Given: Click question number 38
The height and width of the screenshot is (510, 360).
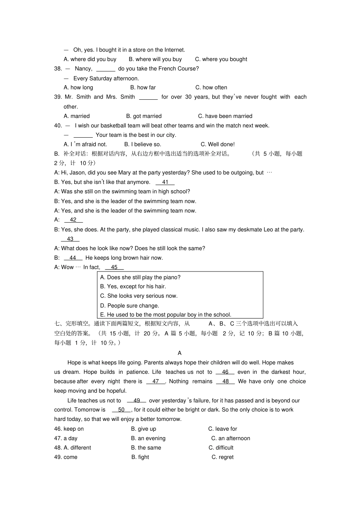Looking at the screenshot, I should coord(58,69).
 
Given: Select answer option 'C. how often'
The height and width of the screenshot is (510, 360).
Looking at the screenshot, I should coord(211,88).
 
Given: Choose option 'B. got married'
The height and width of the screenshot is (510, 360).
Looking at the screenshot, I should coord(144,116).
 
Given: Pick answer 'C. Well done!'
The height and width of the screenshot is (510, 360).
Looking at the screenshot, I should coord(218,144).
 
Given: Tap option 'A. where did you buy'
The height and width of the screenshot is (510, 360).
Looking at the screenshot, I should coord(90,59).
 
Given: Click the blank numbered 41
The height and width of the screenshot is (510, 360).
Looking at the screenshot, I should coord(165,182).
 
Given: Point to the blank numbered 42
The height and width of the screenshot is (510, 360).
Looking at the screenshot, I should coord(73,220).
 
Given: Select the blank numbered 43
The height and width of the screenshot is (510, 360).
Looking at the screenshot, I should coord(70,239).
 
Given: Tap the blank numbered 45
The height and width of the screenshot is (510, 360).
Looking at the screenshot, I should coord(114,267).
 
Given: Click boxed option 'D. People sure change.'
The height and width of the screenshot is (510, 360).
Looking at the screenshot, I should coord(129,306).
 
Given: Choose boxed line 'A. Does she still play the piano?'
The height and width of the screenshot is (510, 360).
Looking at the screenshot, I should coord(140,277).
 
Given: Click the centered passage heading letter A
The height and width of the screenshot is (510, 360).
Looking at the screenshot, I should coord(180,353).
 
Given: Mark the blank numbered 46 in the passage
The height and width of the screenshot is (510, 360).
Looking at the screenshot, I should coord(225,372).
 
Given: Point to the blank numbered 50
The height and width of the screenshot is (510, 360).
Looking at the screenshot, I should coord(121,410).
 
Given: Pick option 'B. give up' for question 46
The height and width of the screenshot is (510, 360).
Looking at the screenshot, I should coord(143,429).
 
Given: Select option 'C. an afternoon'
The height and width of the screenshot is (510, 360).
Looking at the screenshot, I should coord(230,438).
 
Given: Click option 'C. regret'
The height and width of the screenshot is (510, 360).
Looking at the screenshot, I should coord(222,457).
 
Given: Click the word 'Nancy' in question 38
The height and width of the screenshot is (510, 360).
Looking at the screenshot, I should coord(83,69).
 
